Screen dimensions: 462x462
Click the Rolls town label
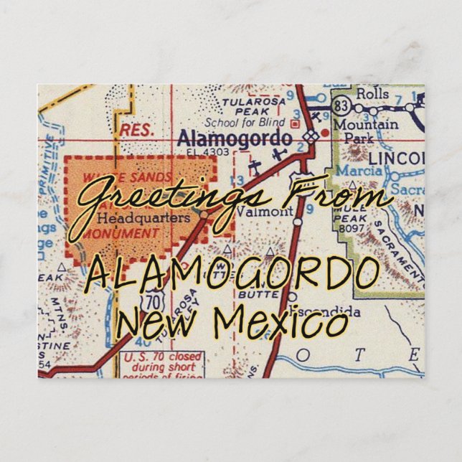(372, 94)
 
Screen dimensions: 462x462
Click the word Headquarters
(133, 217)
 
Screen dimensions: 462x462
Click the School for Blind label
(235, 122)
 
